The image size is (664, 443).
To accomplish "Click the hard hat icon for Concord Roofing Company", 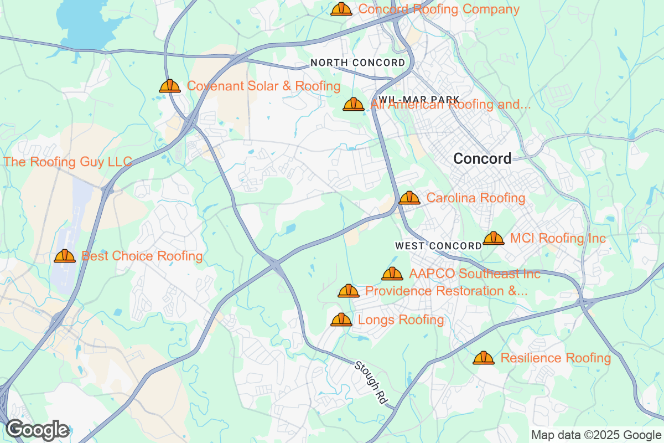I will click(341, 9).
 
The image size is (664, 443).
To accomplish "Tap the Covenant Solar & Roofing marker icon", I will click(170, 86).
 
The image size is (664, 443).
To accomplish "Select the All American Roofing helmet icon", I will click(354, 104).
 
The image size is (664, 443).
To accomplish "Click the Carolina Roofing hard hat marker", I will click(409, 198).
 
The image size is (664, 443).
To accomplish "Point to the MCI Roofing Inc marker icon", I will click(494, 239).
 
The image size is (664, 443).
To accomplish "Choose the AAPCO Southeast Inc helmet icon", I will click(392, 274).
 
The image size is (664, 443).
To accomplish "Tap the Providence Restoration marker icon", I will click(349, 291).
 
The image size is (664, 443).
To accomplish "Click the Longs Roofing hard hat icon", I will click(341, 320).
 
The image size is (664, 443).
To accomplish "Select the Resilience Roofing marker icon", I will click(484, 358).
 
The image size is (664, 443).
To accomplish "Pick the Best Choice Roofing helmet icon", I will click(65, 256).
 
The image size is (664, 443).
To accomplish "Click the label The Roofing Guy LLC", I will click(68, 162).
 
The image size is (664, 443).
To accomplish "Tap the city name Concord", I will click(483, 159).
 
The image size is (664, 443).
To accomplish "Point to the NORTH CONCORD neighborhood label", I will click(357, 63).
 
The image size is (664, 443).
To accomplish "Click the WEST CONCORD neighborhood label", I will click(438, 245).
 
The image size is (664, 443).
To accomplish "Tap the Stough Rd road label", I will click(370, 382).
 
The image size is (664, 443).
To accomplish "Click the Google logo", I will click(38, 430).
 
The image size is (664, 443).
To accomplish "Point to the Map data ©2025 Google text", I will click(596, 435).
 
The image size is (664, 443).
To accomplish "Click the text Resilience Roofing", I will click(556, 358).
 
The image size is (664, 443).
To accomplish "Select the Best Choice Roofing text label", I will click(142, 256).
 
